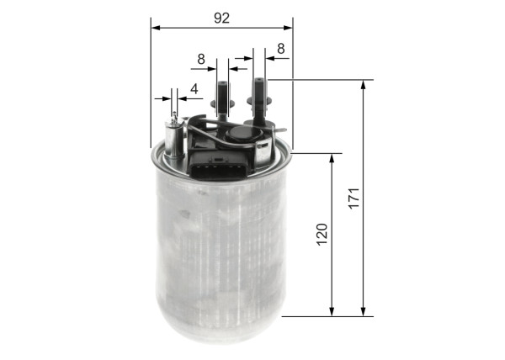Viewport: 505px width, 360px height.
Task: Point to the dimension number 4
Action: [194, 88]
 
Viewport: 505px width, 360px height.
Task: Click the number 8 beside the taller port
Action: [280, 49]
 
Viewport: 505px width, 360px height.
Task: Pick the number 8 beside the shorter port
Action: [201, 59]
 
